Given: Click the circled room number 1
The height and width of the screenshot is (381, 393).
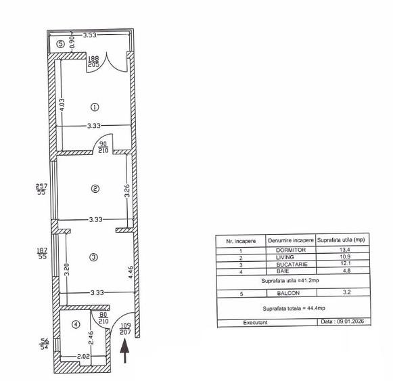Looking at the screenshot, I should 95,106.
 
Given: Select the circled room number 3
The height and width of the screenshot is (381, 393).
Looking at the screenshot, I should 94,256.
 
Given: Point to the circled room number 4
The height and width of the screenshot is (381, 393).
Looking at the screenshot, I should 76,324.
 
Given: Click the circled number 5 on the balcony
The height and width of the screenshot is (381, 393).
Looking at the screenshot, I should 60,44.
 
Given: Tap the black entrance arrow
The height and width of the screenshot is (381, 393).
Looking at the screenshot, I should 124,352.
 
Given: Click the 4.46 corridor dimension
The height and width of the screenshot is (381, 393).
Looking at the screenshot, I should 131,277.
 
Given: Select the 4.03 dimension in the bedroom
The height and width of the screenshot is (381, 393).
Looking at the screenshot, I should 62,106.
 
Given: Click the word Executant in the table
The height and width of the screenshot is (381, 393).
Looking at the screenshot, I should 256,322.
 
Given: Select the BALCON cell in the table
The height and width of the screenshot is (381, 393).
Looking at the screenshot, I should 290,294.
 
